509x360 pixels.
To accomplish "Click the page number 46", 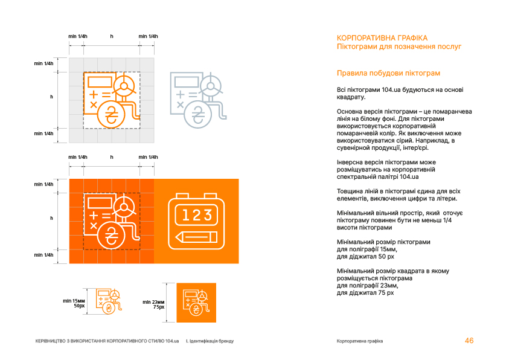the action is pos(469,341).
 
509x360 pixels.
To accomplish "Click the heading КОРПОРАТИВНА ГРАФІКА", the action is pos(382,38).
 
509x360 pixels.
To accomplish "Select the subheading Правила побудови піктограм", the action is pos(388,73).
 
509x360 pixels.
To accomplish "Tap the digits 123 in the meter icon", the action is pos(197,215).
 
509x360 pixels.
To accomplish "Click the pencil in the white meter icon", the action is pos(196,237).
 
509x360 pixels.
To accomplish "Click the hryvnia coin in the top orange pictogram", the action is pos(111,115).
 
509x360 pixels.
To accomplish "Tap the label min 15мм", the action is pos(74,301).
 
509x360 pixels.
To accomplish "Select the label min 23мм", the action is pos(153,302).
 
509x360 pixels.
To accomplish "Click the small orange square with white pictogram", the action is pos(196,303).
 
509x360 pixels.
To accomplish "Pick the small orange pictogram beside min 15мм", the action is pos(109,301).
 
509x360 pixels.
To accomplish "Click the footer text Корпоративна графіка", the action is pos(360,341).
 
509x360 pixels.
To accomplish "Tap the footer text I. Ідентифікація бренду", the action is pos(210,341).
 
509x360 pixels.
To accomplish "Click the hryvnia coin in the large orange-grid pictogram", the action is pos(111,236).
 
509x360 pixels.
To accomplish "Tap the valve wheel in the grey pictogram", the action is pos(210,86).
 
